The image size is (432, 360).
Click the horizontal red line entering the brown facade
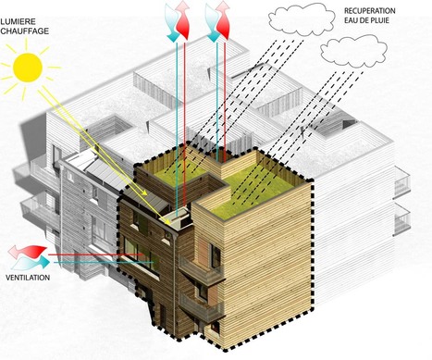pyautogui.click(x=93, y=254)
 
